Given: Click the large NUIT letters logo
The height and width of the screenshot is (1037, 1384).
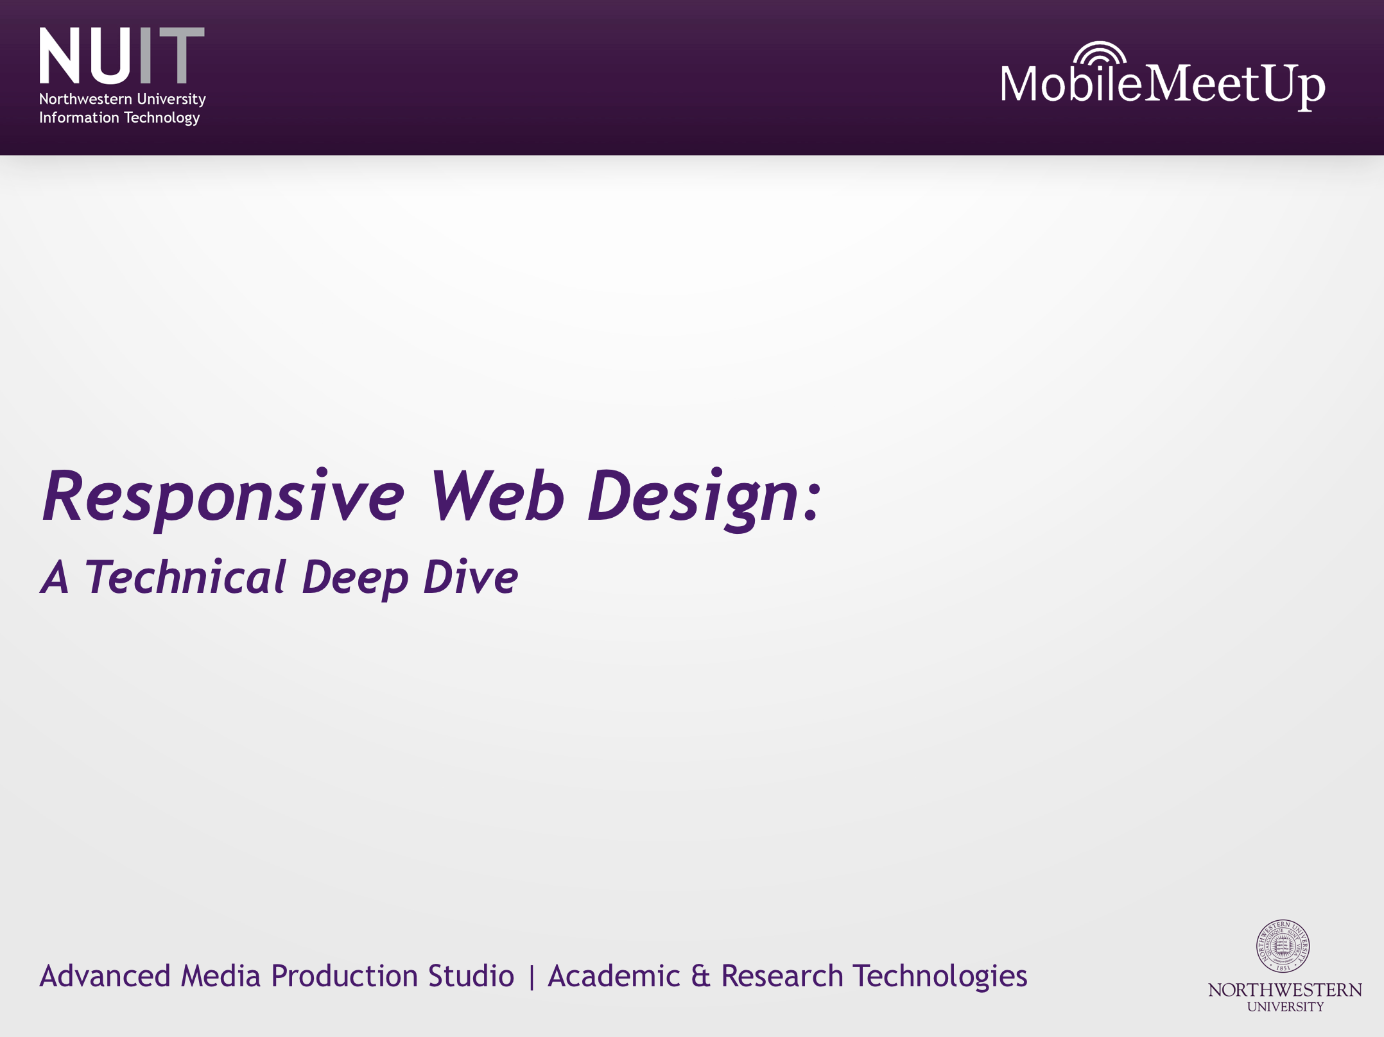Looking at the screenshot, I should coord(121,56).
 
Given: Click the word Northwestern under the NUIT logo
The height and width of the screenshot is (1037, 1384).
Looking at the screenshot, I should coord(85,99).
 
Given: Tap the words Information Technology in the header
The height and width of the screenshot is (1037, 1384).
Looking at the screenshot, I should coord(119,118).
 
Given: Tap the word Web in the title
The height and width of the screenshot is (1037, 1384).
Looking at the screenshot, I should coord(497,496).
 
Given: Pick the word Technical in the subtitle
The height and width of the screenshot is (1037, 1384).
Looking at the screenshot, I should coord(186,577).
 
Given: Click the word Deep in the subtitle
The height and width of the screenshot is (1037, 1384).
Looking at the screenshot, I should coord(355,578).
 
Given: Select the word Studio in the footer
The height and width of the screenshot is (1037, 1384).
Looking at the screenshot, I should coord(471,976).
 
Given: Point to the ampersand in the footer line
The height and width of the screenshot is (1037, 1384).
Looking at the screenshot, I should coord(700,977).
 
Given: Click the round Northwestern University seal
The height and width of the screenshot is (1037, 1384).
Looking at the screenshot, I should coord(1283,946).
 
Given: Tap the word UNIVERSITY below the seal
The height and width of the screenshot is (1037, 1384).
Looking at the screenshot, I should coord(1285,1007).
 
